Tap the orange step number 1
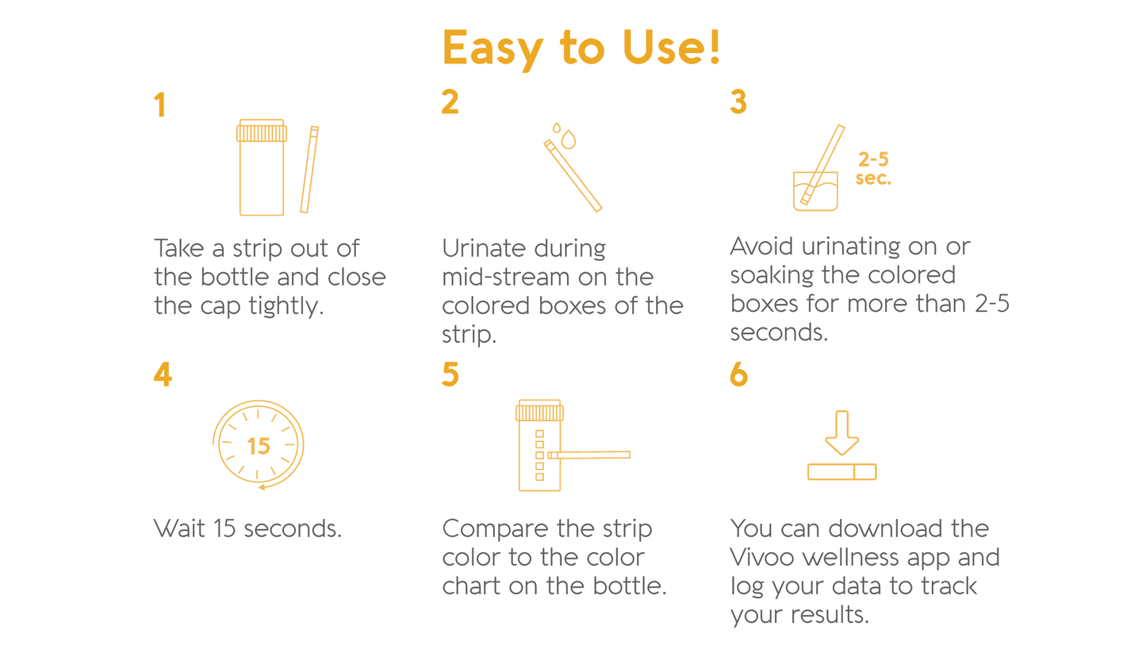coord(160,105)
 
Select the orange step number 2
coord(450,102)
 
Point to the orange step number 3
coord(738,102)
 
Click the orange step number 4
coord(163,374)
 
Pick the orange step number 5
coord(450,374)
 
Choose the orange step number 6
coord(739,374)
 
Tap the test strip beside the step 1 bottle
coord(309,170)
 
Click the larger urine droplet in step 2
coord(569,140)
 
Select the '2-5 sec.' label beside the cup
coord(873,169)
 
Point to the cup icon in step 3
coord(815,191)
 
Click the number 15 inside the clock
coord(259,447)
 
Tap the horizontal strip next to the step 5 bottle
coord(588,455)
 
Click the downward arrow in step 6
coord(842,433)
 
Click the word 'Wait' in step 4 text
coord(179,528)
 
